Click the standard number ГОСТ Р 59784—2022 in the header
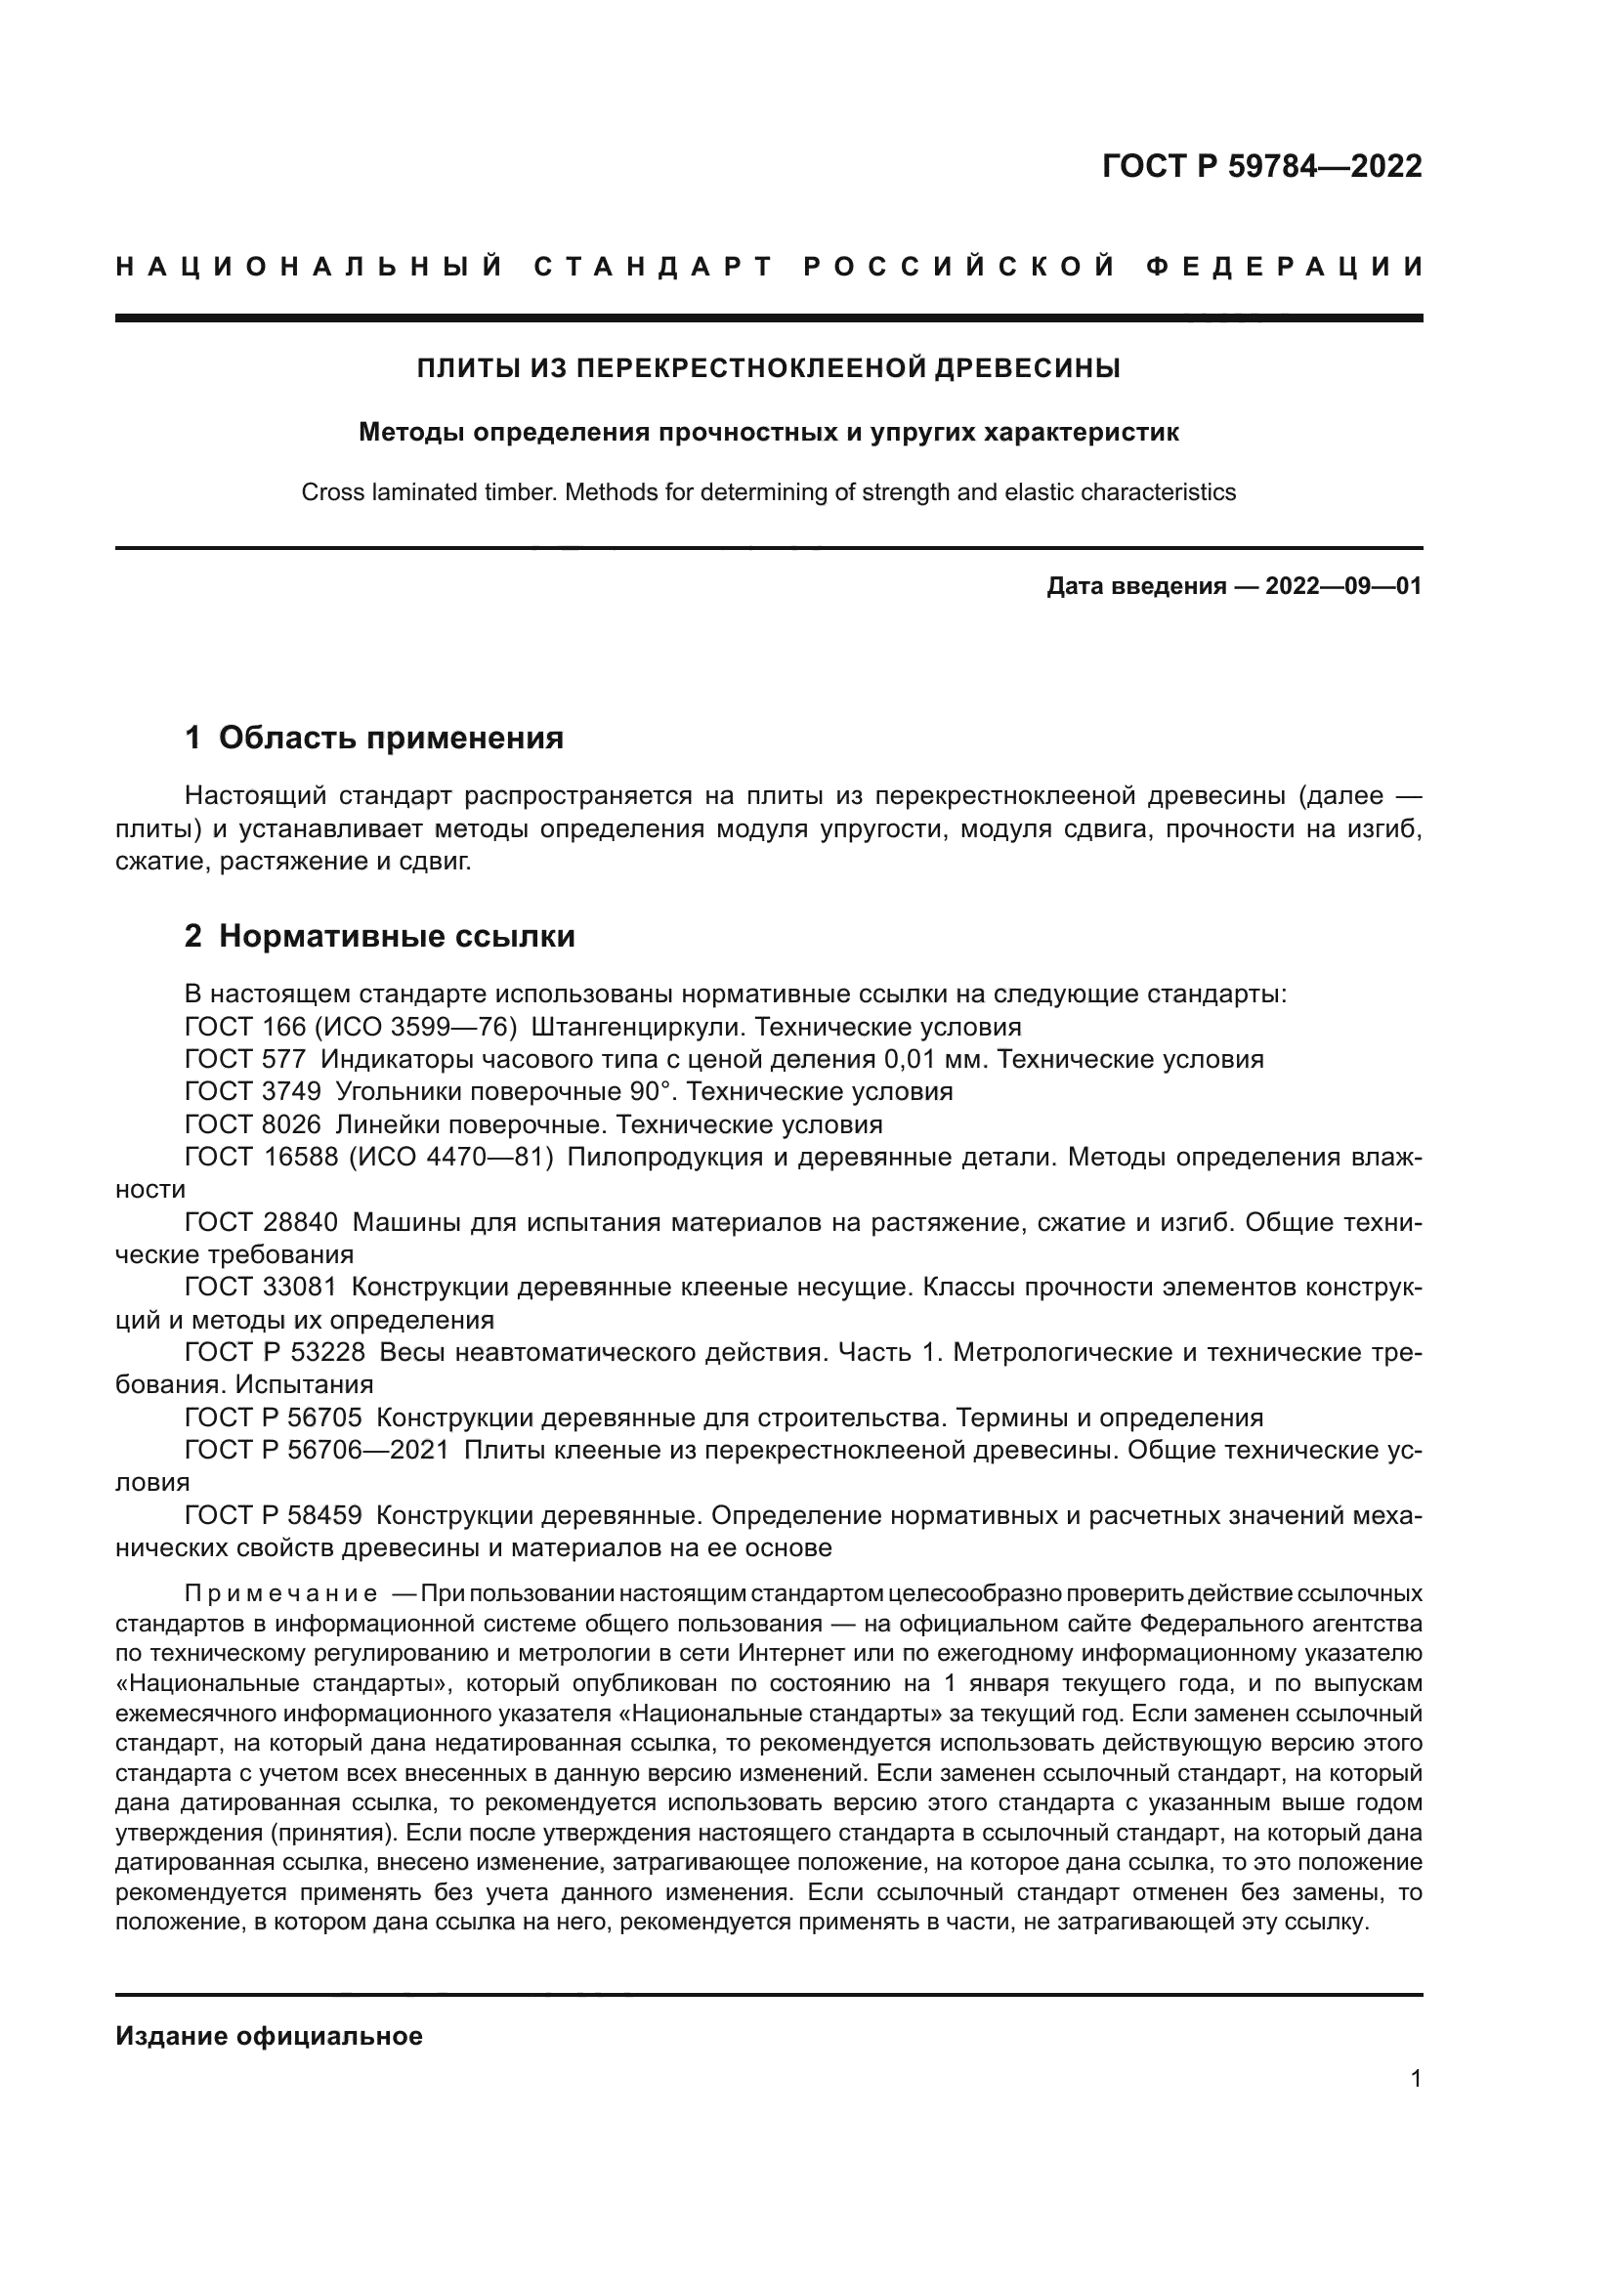(1261, 166)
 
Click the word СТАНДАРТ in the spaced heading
(653, 267)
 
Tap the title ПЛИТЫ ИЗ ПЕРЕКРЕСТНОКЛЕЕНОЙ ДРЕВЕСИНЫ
(768, 369)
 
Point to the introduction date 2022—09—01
(1343, 586)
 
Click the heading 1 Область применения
(374, 738)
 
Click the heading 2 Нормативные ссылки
(380, 936)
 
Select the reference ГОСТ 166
(245, 1026)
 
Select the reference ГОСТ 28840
(261, 1222)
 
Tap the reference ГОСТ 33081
(261, 1288)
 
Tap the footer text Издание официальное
(269, 2036)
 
